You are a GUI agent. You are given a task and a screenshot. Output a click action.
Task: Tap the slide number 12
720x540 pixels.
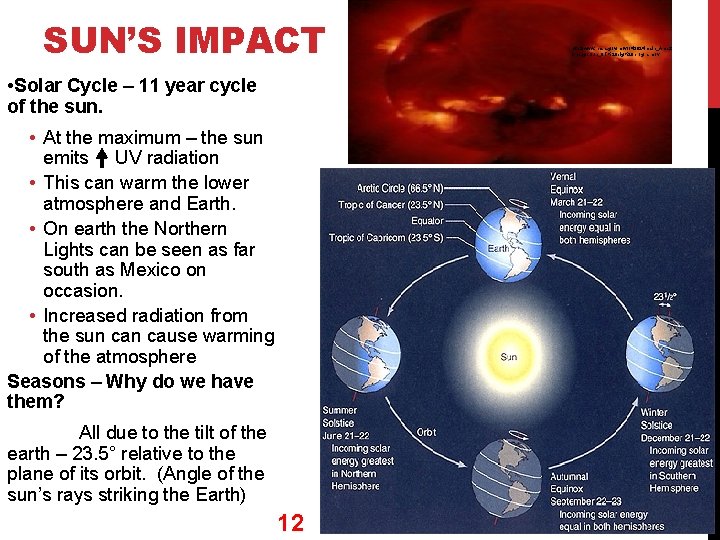point(291,522)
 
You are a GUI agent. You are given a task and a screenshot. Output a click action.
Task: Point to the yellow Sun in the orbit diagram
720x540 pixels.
point(508,357)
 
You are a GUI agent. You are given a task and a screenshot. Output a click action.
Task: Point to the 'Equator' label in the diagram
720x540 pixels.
point(427,221)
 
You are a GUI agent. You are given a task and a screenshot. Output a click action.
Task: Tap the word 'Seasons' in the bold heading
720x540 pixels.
point(46,381)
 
